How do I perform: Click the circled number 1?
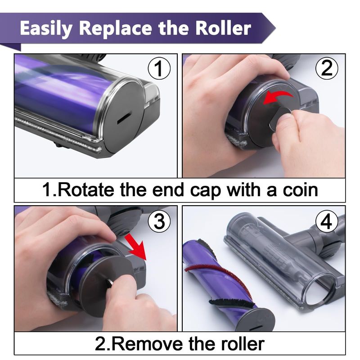159,68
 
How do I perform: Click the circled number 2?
327,68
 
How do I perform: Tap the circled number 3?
159,221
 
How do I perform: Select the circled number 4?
327,221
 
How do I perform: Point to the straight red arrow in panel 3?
135,247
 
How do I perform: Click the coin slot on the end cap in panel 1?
124,118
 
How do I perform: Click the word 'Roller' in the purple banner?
223,28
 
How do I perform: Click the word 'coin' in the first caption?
300,190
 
